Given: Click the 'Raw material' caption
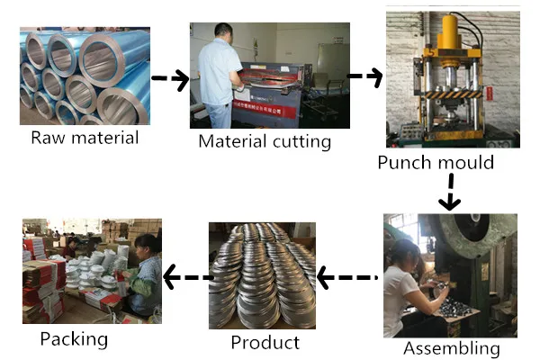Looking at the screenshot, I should pos(85,138).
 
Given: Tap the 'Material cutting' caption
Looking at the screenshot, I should pos(265,141).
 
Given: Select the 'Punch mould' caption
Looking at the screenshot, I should pos(436,163).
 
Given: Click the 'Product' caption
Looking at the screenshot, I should pos(265,342).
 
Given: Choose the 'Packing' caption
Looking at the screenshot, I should pos(74,339).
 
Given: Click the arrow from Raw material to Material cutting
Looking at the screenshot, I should pos(170,79).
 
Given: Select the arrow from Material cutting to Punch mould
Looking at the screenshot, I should pos(364,76).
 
